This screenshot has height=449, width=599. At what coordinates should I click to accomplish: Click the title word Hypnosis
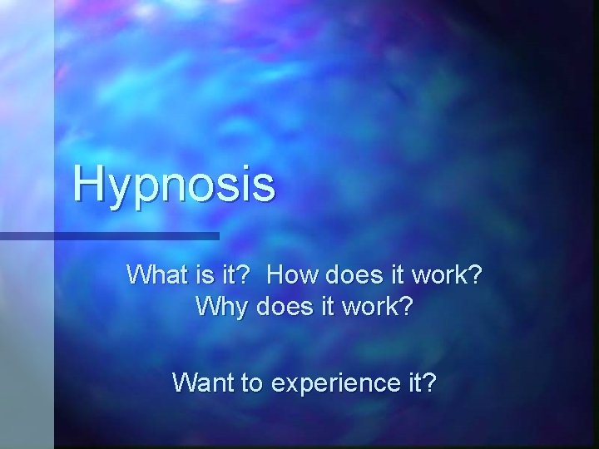click(173, 184)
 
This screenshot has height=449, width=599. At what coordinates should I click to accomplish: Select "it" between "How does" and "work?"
click(391, 274)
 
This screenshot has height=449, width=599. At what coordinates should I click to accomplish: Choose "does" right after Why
click(280, 307)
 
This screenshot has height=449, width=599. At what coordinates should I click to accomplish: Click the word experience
click(334, 384)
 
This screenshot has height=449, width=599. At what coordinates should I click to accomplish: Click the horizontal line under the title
click(108, 236)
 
